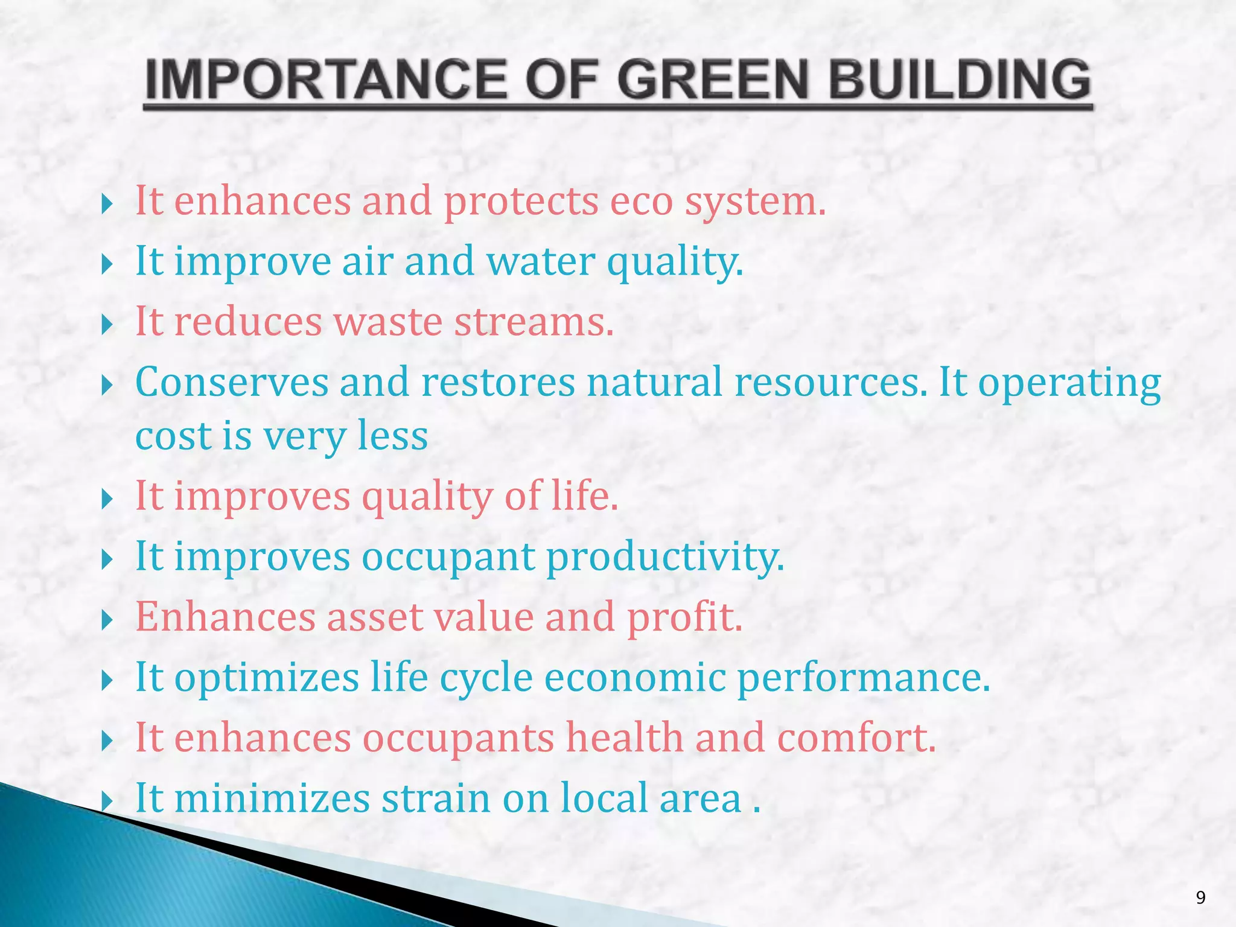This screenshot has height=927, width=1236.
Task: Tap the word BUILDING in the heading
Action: [960, 80]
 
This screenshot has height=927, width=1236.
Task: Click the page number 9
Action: [1200, 897]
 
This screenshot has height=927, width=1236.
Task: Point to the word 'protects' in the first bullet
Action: [521, 202]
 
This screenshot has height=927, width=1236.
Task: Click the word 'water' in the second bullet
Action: [541, 262]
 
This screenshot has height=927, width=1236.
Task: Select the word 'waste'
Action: [388, 322]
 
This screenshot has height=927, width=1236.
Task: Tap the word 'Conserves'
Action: [232, 382]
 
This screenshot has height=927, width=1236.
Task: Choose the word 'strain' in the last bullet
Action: [436, 798]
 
